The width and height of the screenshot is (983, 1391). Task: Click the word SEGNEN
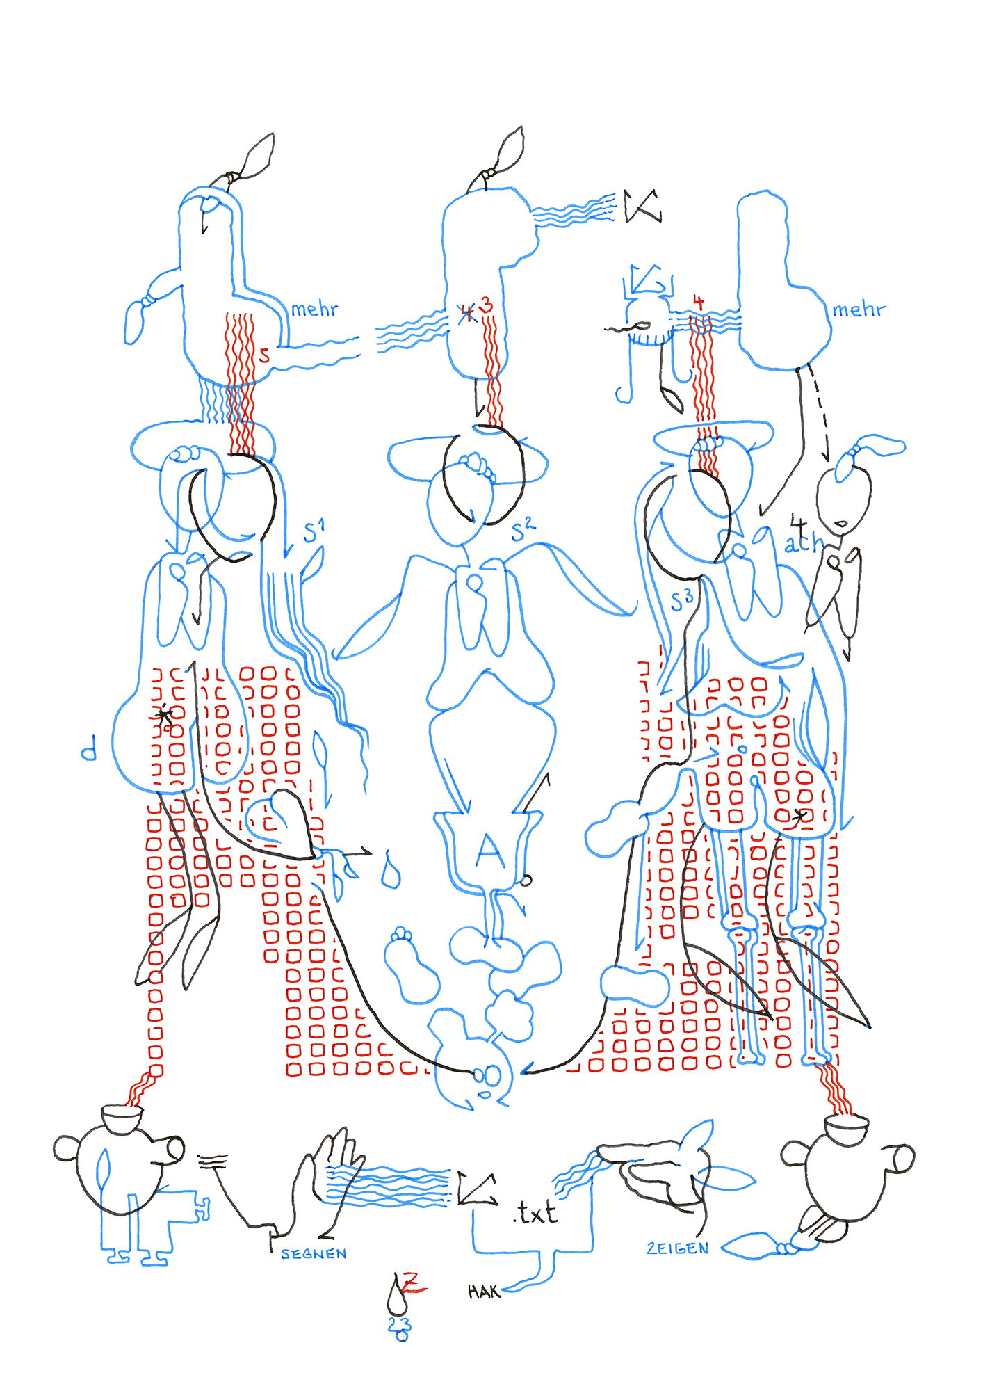point(314,1253)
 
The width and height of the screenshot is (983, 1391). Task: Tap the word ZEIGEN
point(677,1248)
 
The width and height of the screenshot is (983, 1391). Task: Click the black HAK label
point(483,1292)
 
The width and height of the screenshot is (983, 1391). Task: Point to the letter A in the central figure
point(489,851)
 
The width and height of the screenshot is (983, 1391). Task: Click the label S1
point(314,532)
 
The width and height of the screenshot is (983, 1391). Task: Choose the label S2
point(523,531)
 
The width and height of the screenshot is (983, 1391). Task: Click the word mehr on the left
point(314,309)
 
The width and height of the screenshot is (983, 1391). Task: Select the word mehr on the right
point(859,309)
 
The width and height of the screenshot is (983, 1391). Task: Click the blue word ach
point(804,543)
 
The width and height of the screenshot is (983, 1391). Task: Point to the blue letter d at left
point(89,751)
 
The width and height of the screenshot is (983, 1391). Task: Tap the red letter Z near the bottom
point(412,1280)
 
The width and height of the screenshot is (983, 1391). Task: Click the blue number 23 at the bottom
point(399,1324)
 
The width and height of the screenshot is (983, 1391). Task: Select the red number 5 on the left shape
point(264,355)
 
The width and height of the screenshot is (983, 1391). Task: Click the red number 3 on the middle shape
point(487,305)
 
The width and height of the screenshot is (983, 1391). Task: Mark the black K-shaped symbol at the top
point(641,206)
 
